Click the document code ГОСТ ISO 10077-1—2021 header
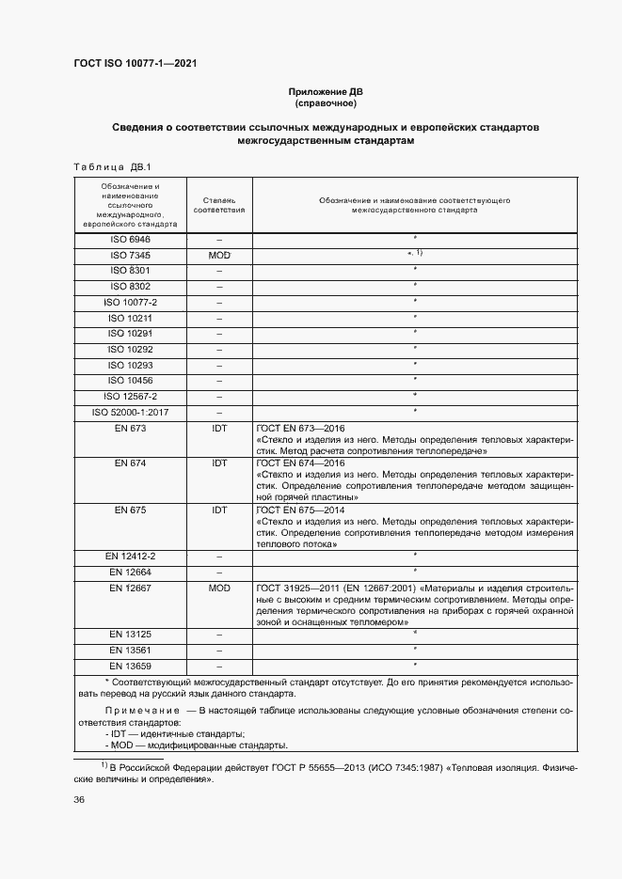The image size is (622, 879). (135, 64)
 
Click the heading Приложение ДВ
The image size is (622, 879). (325, 92)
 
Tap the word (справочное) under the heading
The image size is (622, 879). (325, 103)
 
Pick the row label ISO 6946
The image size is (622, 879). (130, 240)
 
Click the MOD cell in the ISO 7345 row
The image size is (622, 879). (219, 255)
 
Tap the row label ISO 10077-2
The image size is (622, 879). (130, 302)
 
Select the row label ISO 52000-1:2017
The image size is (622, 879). (130, 412)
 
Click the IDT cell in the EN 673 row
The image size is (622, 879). (219, 428)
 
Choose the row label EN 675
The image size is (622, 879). (130, 510)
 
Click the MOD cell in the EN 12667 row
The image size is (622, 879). (219, 588)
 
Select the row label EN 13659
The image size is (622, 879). (130, 666)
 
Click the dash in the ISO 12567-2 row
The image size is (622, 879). (219, 396)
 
